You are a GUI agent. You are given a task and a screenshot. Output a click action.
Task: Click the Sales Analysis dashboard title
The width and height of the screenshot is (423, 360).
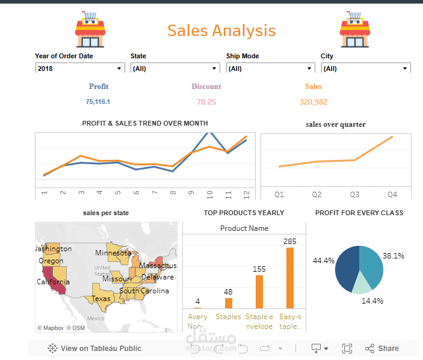(221, 31)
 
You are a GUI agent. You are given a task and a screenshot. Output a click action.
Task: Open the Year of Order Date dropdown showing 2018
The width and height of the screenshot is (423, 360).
(80, 69)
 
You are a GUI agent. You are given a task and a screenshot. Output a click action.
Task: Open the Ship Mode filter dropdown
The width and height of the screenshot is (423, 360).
(270, 69)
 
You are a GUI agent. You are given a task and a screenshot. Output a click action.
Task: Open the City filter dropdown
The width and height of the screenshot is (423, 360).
(365, 69)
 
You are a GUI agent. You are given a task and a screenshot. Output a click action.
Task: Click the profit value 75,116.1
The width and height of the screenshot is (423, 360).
(98, 102)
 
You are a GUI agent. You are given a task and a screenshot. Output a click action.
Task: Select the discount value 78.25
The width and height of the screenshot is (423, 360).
(206, 102)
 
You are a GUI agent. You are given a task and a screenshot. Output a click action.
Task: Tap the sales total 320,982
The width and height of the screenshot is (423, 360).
(313, 102)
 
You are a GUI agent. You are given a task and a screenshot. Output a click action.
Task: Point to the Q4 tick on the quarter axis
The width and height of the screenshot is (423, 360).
(392, 195)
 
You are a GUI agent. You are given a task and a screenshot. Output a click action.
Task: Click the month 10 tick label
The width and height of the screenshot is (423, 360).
(210, 194)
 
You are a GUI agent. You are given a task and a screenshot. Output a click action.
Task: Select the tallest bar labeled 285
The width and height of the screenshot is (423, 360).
(290, 278)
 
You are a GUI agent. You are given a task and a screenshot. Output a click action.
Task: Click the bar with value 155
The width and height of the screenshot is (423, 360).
(259, 291)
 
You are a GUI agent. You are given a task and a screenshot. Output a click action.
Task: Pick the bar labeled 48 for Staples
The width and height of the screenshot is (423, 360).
(228, 303)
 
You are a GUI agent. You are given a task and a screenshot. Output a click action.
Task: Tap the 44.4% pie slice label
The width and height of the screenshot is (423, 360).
(324, 261)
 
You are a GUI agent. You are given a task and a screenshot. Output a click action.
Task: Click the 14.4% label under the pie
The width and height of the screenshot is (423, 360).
(372, 301)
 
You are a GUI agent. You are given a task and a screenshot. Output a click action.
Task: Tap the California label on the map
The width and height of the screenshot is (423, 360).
(53, 282)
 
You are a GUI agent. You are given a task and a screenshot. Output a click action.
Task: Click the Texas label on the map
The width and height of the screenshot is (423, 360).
(101, 299)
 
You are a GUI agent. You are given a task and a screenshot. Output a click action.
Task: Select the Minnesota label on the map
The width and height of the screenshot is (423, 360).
(113, 253)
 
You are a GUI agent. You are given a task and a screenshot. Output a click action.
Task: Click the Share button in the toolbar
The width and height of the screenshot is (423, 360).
(381, 348)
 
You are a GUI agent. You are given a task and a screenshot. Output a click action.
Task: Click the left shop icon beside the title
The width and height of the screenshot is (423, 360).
(90, 31)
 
